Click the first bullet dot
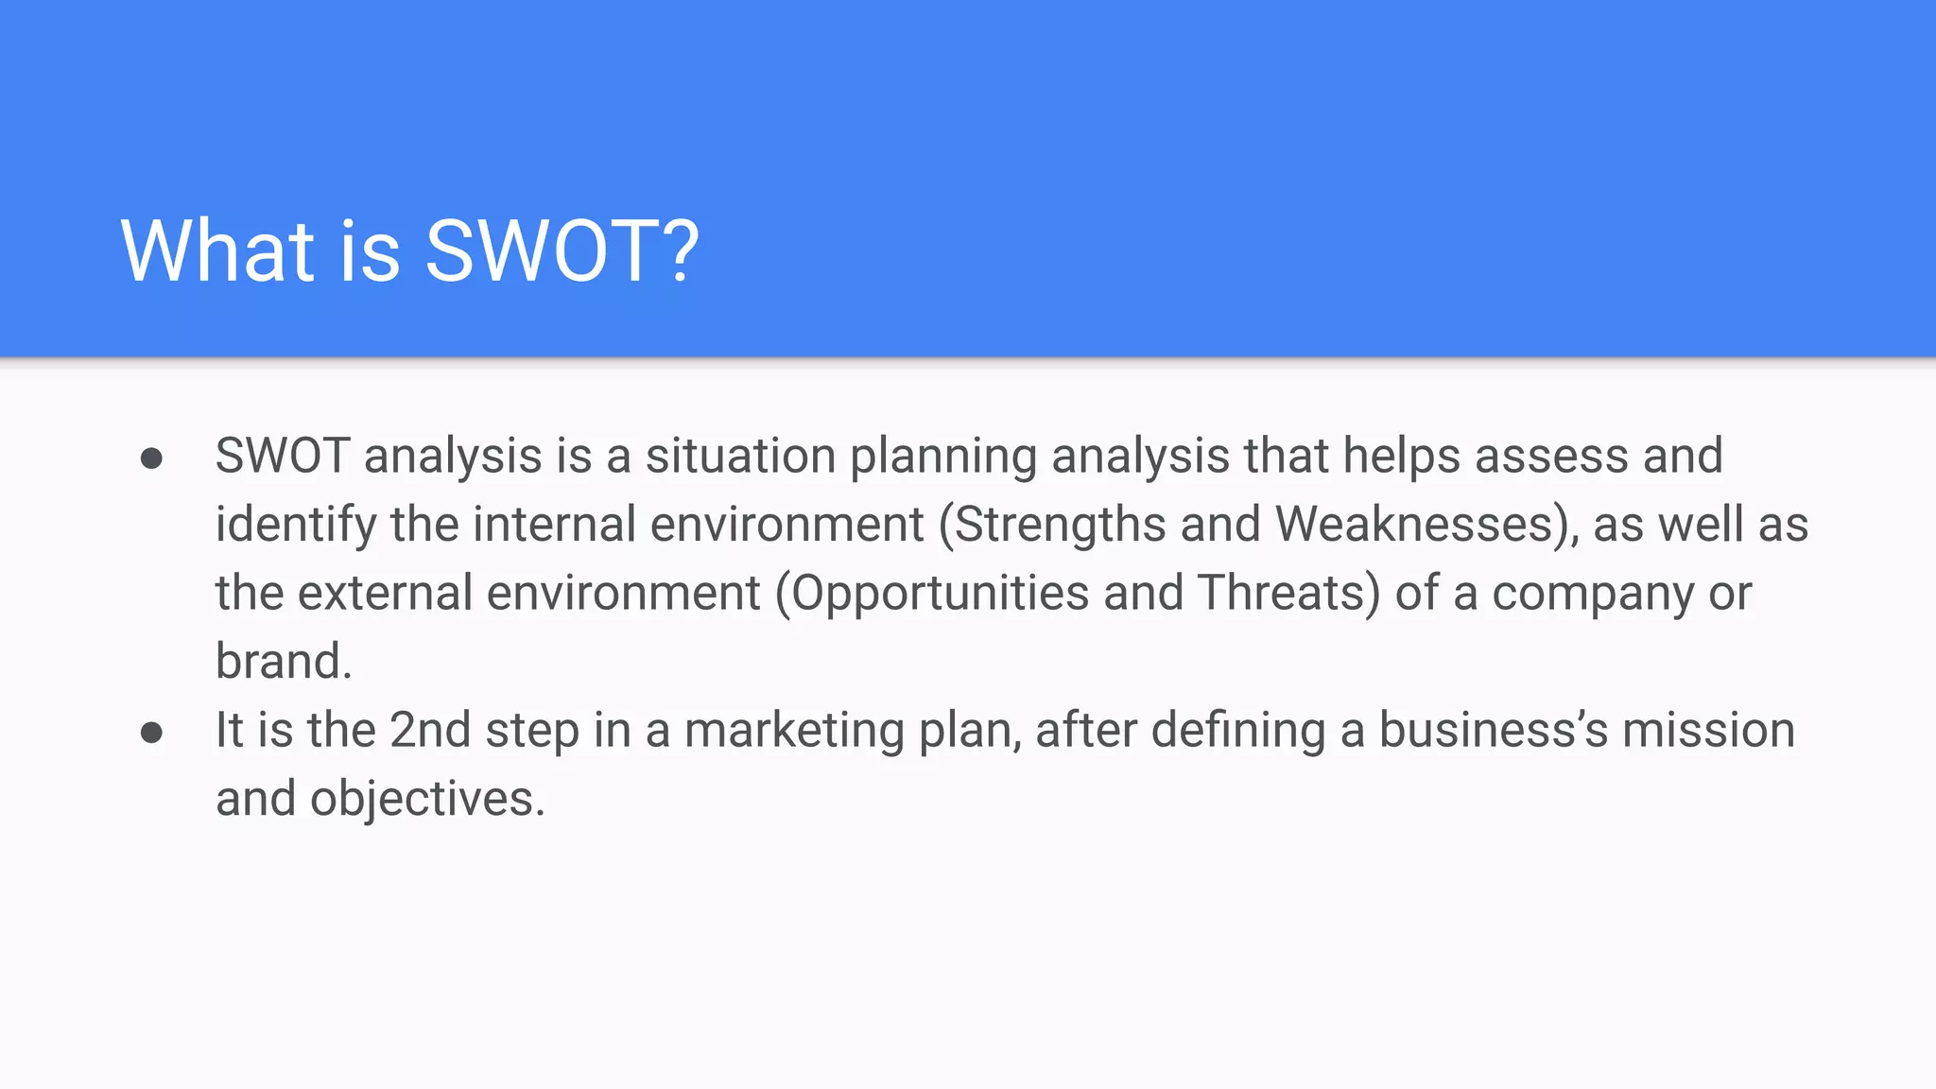(x=151, y=458)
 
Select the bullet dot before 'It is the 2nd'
(x=151, y=733)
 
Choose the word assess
(x=1551, y=458)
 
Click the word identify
(x=296, y=526)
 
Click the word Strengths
(x=1058, y=526)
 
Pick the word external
(x=386, y=594)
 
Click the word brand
(x=283, y=662)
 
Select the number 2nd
(x=430, y=731)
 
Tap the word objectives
(x=426, y=801)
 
